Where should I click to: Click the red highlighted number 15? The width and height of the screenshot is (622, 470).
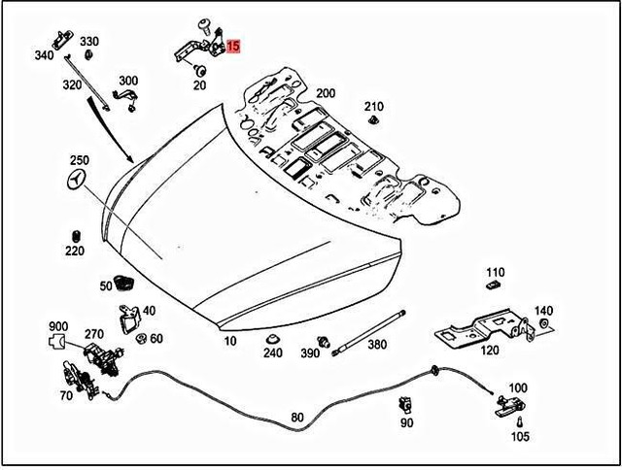pyautogui.click(x=234, y=46)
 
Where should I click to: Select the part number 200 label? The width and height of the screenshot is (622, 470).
pyautogui.click(x=326, y=93)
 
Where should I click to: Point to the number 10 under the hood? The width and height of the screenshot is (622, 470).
pyautogui.click(x=229, y=342)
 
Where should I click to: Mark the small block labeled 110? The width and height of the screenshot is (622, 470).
pyautogui.click(x=493, y=287)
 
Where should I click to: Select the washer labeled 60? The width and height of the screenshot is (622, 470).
pyautogui.click(x=141, y=338)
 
